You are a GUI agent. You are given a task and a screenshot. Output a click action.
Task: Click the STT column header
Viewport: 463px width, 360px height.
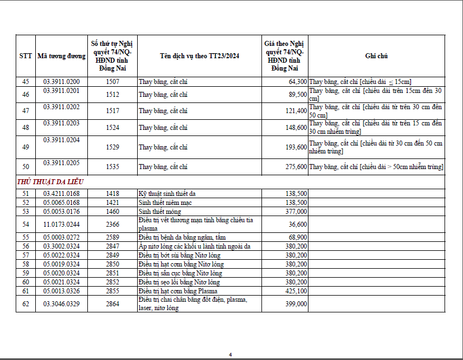(26, 56)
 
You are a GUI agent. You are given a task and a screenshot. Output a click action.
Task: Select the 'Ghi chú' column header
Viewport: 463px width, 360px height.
(376, 56)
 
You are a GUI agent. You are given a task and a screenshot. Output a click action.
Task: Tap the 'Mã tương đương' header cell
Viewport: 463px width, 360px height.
(62, 56)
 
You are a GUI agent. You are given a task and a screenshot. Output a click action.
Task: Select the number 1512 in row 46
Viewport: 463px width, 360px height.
(113, 95)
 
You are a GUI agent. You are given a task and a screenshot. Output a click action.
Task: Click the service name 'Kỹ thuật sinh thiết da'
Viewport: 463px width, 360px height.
(167, 194)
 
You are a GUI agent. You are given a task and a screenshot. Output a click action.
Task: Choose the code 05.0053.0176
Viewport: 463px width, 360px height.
(62, 211)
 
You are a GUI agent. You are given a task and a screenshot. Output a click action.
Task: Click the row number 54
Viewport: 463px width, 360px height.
(26, 224)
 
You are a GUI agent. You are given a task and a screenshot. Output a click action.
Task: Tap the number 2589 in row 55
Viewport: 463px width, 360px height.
(113, 237)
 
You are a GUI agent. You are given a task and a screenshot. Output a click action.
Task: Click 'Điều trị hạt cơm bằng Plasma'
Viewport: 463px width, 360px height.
(178, 291)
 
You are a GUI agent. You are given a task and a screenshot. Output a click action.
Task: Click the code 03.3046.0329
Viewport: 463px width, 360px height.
(62, 303)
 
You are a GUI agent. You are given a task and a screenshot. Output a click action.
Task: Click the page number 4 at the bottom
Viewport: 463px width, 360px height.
(230, 354)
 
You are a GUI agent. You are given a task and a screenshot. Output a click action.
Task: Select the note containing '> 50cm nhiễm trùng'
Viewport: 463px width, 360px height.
(376, 167)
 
